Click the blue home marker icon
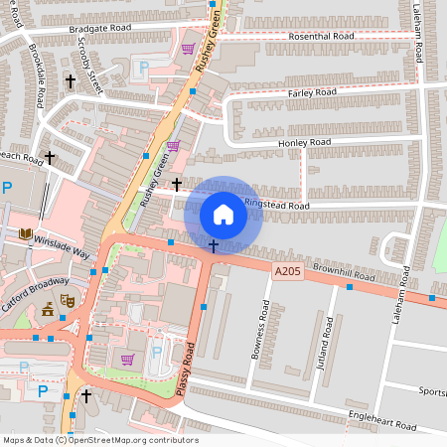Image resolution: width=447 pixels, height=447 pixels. pos(223,214)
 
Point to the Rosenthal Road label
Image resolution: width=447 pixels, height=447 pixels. pos(321,36)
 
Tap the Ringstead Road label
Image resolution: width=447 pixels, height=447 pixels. pos(277,206)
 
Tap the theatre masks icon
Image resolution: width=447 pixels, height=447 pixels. pos(68,299)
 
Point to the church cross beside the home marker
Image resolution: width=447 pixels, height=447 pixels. pos(213,244)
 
